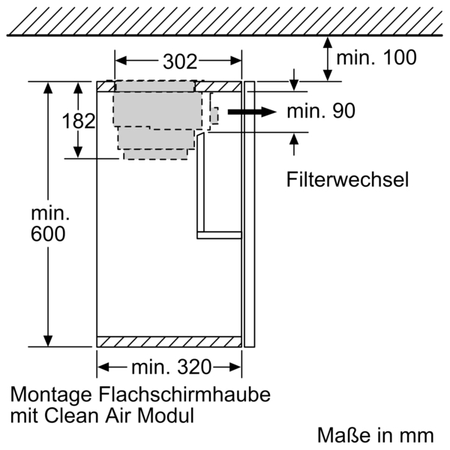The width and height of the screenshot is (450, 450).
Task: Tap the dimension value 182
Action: click(78, 121)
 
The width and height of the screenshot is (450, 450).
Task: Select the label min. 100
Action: click(376, 58)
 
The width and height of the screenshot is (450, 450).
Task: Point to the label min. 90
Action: click(320, 112)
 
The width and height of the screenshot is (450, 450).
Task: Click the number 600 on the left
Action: click(48, 234)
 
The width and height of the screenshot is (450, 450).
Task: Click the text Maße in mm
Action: click(375, 434)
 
